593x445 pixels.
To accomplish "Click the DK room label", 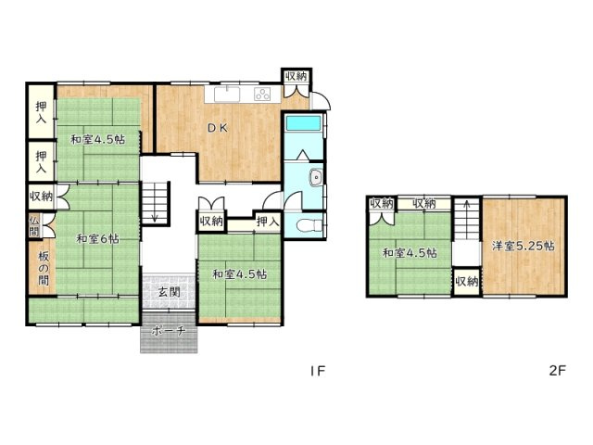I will coord(216,128).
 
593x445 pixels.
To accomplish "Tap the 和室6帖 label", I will coord(97,238).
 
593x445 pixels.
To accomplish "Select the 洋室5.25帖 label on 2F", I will coord(524,246).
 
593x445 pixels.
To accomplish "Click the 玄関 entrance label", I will coord(169,292).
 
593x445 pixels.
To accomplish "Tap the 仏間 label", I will coord(34,225).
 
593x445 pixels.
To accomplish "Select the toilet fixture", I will coord(311,224).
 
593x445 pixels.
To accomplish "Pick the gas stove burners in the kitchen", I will coord(262,94).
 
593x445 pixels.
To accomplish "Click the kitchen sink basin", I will coord(227,94).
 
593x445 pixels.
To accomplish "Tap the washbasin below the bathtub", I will coord(315,177).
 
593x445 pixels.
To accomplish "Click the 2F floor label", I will coord(557,370).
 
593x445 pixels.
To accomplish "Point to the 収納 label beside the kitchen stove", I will coord(296,77).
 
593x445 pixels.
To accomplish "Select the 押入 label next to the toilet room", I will coord(268,222).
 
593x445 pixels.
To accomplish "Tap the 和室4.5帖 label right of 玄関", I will coord(239,274).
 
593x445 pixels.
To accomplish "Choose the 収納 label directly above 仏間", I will coord(41,196).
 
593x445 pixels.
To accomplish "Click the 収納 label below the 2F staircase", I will coord(466,281).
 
